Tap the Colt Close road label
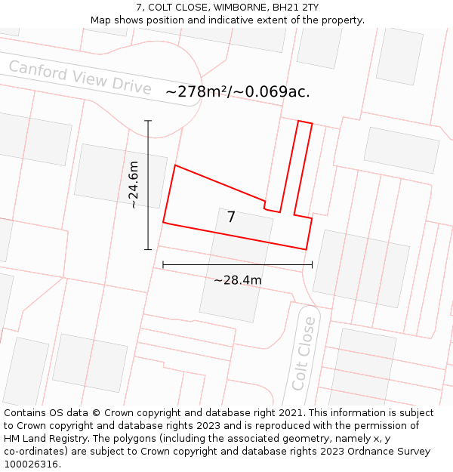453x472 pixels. click(304, 353)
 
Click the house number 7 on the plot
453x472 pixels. click(231, 217)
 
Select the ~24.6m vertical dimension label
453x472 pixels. click(134, 185)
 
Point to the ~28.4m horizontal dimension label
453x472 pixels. click(238, 280)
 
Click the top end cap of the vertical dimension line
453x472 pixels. click(148, 121)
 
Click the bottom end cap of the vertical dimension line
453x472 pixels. click(148, 249)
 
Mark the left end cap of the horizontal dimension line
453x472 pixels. click(163, 264)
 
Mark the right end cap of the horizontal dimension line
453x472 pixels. click(312, 264)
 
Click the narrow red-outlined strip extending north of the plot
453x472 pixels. click(295, 166)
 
